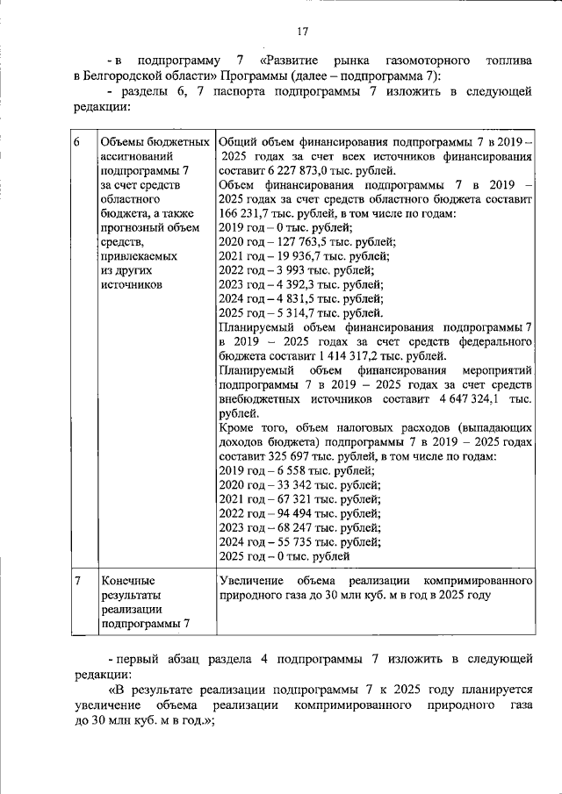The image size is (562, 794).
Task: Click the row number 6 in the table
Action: pos(77,142)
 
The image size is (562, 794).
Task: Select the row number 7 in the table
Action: pos(78,581)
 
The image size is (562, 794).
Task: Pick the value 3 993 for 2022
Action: pos(285,270)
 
